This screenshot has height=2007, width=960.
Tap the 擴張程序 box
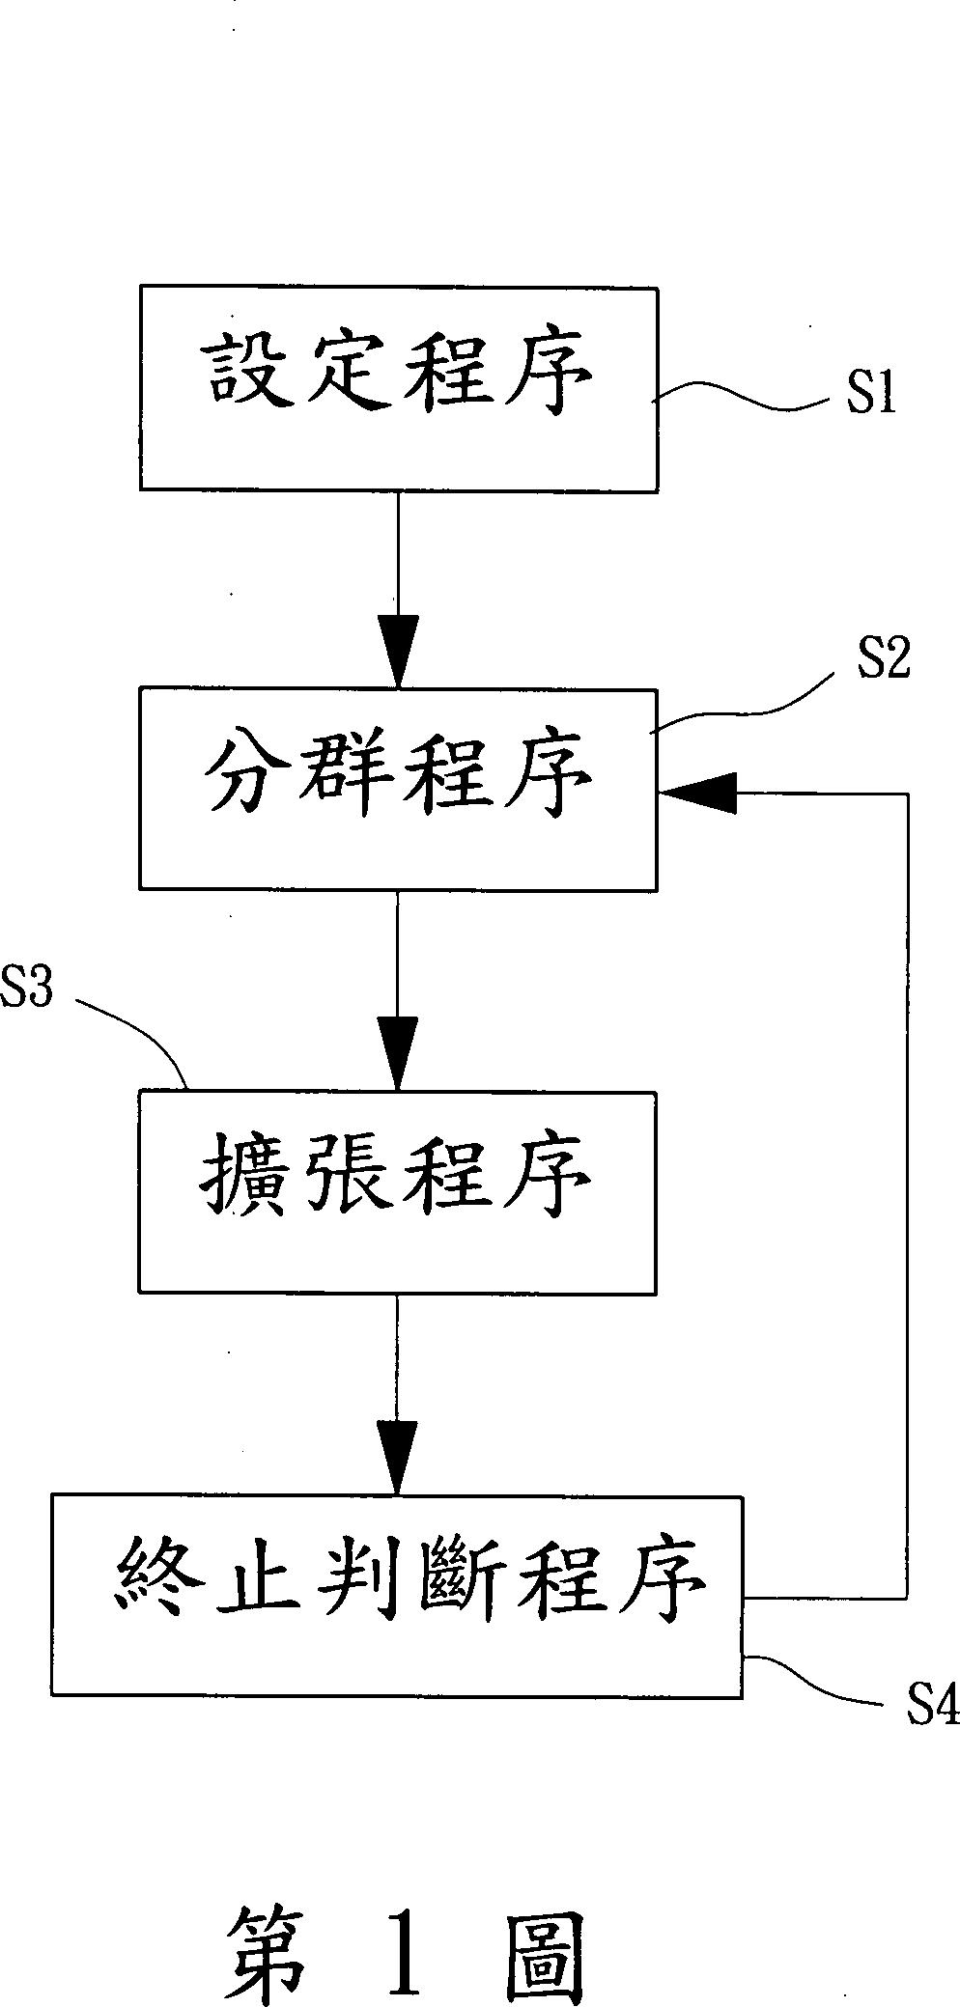click(x=398, y=1192)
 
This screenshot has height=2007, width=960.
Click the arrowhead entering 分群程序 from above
click(x=397, y=651)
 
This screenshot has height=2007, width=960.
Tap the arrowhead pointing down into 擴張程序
click(x=397, y=1054)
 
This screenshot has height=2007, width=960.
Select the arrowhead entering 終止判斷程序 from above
click(x=397, y=1457)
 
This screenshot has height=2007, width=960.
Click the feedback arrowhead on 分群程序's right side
click(x=699, y=793)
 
